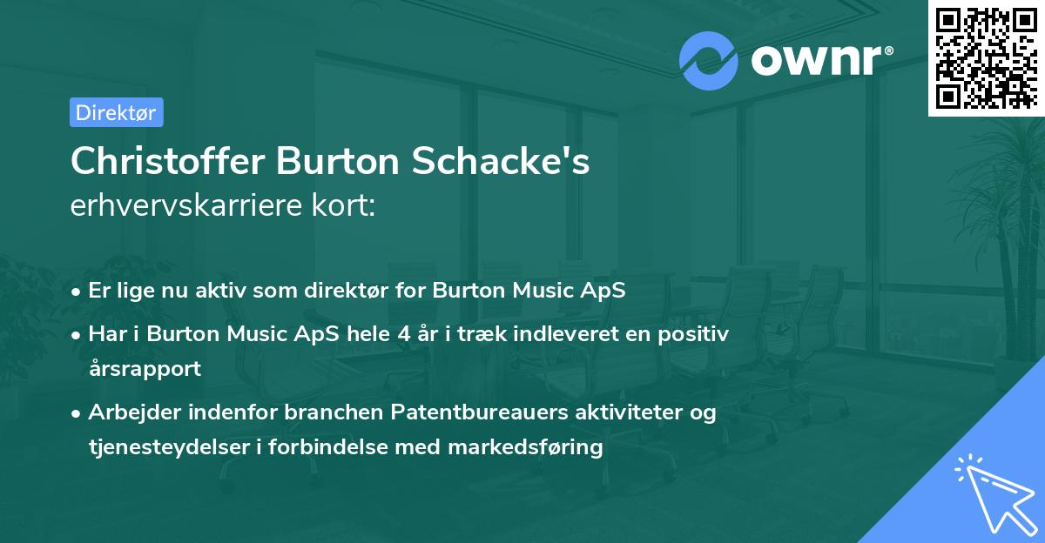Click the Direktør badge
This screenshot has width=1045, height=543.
[x=116, y=112]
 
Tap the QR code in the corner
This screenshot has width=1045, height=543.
[x=986, y=57]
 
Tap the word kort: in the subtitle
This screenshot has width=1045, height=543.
[x=347, y=206]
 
